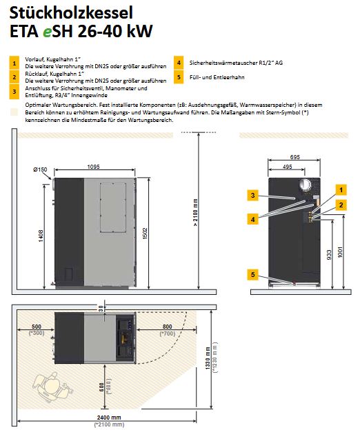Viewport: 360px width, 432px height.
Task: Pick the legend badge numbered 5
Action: pos(179,77)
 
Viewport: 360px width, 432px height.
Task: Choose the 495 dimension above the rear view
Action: pos(287,166)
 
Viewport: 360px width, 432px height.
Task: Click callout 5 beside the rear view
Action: pos(254,275)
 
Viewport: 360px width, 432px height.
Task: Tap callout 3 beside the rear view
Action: pos(254,196)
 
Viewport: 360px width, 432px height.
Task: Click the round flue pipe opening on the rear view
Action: pos(303,185)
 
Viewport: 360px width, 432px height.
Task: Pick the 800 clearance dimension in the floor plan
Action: pos(166,327)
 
